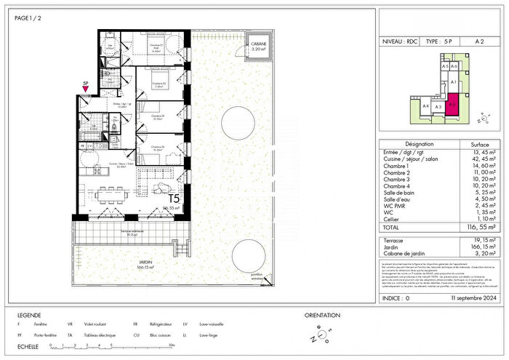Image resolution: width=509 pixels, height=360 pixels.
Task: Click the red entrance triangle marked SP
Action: pos(85,89)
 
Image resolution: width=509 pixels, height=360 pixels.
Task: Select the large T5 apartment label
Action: pos(175,198)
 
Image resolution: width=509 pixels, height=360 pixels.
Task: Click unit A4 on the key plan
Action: pos(425,106)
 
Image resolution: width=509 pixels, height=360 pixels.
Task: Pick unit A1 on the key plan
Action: pos(452,83)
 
